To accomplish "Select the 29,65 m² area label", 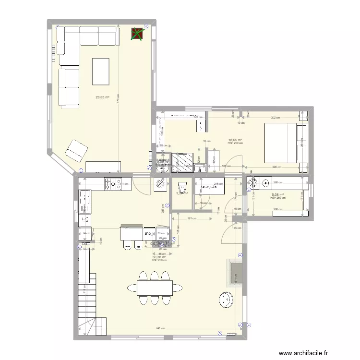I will (102, 97).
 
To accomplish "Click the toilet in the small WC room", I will (181, 187).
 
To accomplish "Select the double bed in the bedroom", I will (280, 143).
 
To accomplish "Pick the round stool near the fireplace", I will (225, 300).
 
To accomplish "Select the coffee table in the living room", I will (101, 71).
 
